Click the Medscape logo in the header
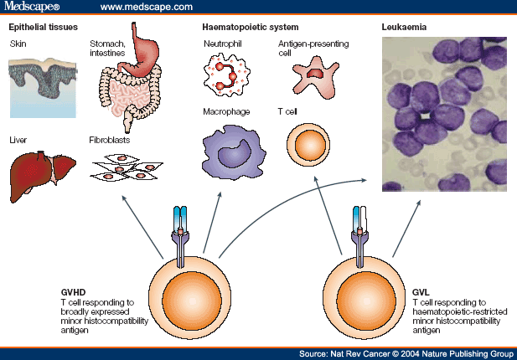click(x=34, y=8)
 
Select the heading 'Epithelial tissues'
click(x=43, y=28)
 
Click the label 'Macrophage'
click(x=227, y=111)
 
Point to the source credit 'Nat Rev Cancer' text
click(x=368, y=354)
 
